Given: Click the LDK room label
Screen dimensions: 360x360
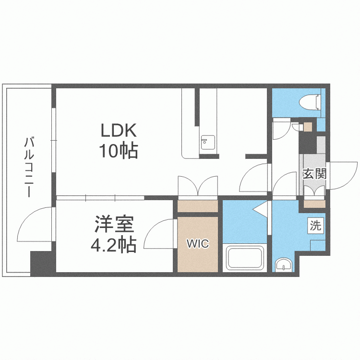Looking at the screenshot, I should click(x=119, y=131).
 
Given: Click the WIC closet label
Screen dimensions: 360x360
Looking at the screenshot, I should click(x=198, y=244).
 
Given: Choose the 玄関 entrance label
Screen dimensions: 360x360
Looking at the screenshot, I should click(x=314, y=173).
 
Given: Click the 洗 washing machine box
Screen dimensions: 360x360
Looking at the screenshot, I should click(x=315, y=226).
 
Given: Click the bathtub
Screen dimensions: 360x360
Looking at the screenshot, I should click(x=245, y=258).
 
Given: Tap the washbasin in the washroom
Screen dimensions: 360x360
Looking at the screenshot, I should click(x=284, y=264).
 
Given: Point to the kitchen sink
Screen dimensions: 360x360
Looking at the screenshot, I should click(x=207, y=143).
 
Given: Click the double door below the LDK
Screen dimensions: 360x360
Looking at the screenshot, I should click(x=198, y=186).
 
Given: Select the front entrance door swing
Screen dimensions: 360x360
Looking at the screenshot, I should click(x=342, y=175).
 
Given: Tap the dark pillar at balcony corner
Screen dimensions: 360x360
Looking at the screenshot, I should click(x=41, y=263).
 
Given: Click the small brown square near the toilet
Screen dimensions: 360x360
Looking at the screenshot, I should click(x=307, y=127).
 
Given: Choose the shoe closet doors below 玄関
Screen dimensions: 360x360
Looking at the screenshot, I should click(x=314, y=191).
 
